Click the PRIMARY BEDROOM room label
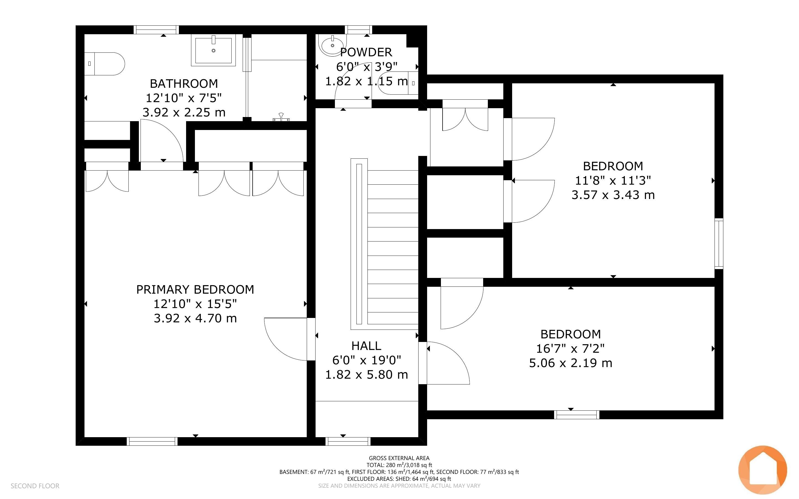(195, 290)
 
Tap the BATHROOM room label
(184, 84)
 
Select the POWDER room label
(366, 52)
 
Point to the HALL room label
(366, 346)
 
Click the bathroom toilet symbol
(104, 64)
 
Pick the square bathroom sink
(213, 50)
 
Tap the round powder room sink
(333, 46)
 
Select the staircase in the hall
(385, 244)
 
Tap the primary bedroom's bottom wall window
(152, 441)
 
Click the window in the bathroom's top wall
(157, 30)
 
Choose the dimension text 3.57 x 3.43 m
(613, 195)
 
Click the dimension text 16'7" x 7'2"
(570, 348)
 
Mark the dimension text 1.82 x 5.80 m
(366, 375)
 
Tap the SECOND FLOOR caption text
(35, 486)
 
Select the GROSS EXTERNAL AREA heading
(399, 458)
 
